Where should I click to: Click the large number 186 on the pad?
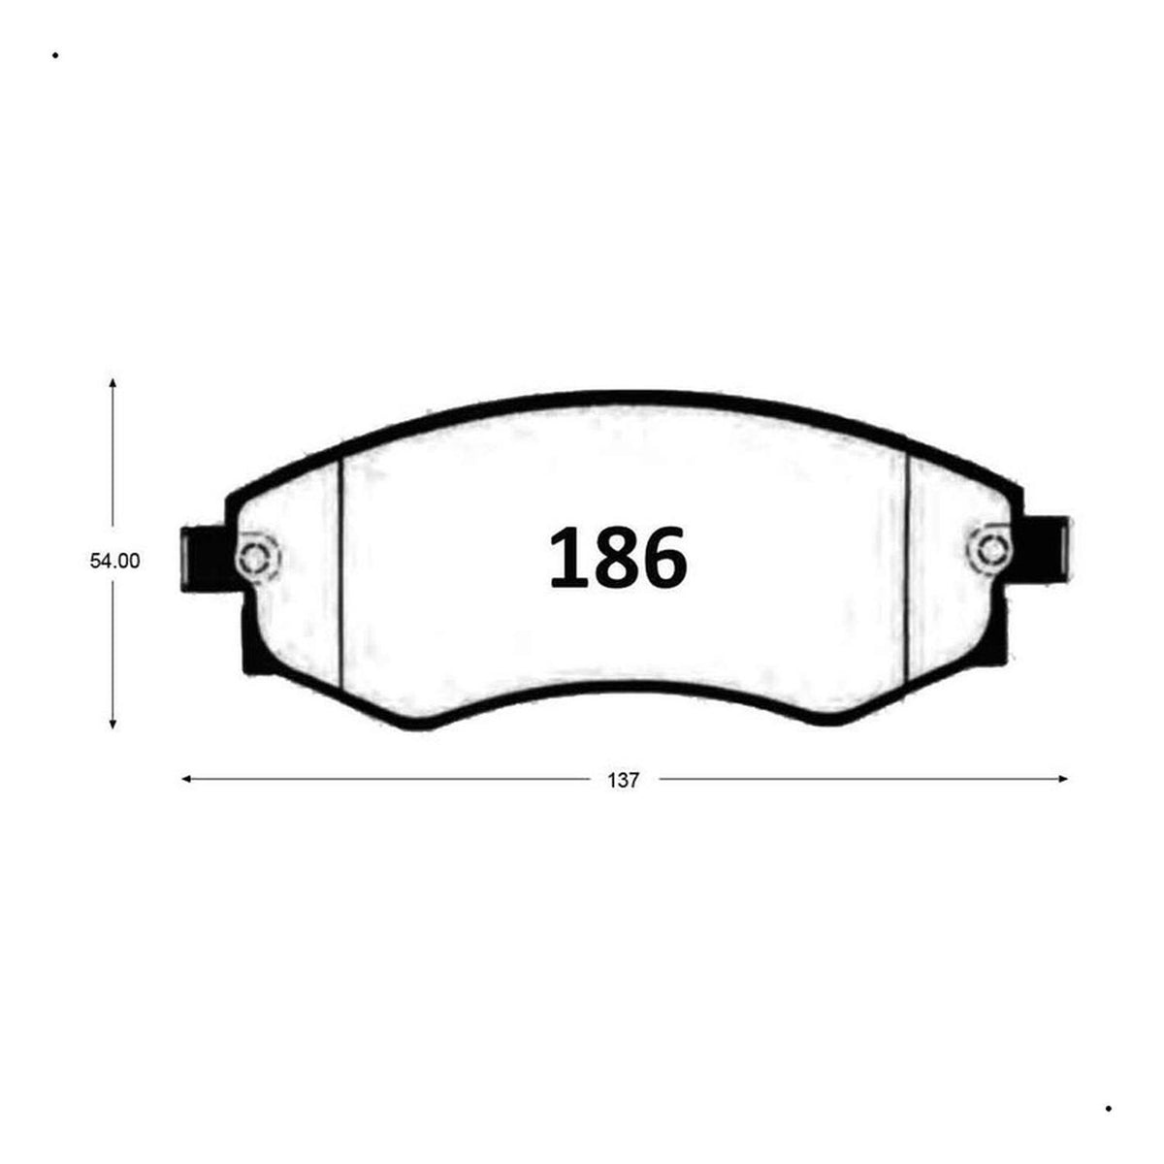click(617, 558)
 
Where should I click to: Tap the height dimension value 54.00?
click(114, 562)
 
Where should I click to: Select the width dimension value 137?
click(623, 781)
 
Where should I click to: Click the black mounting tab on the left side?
click(206, 560)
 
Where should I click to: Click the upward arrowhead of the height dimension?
click(113, 383)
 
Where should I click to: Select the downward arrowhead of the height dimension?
click(113, 725)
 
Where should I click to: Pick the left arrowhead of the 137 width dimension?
click(186, 780)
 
